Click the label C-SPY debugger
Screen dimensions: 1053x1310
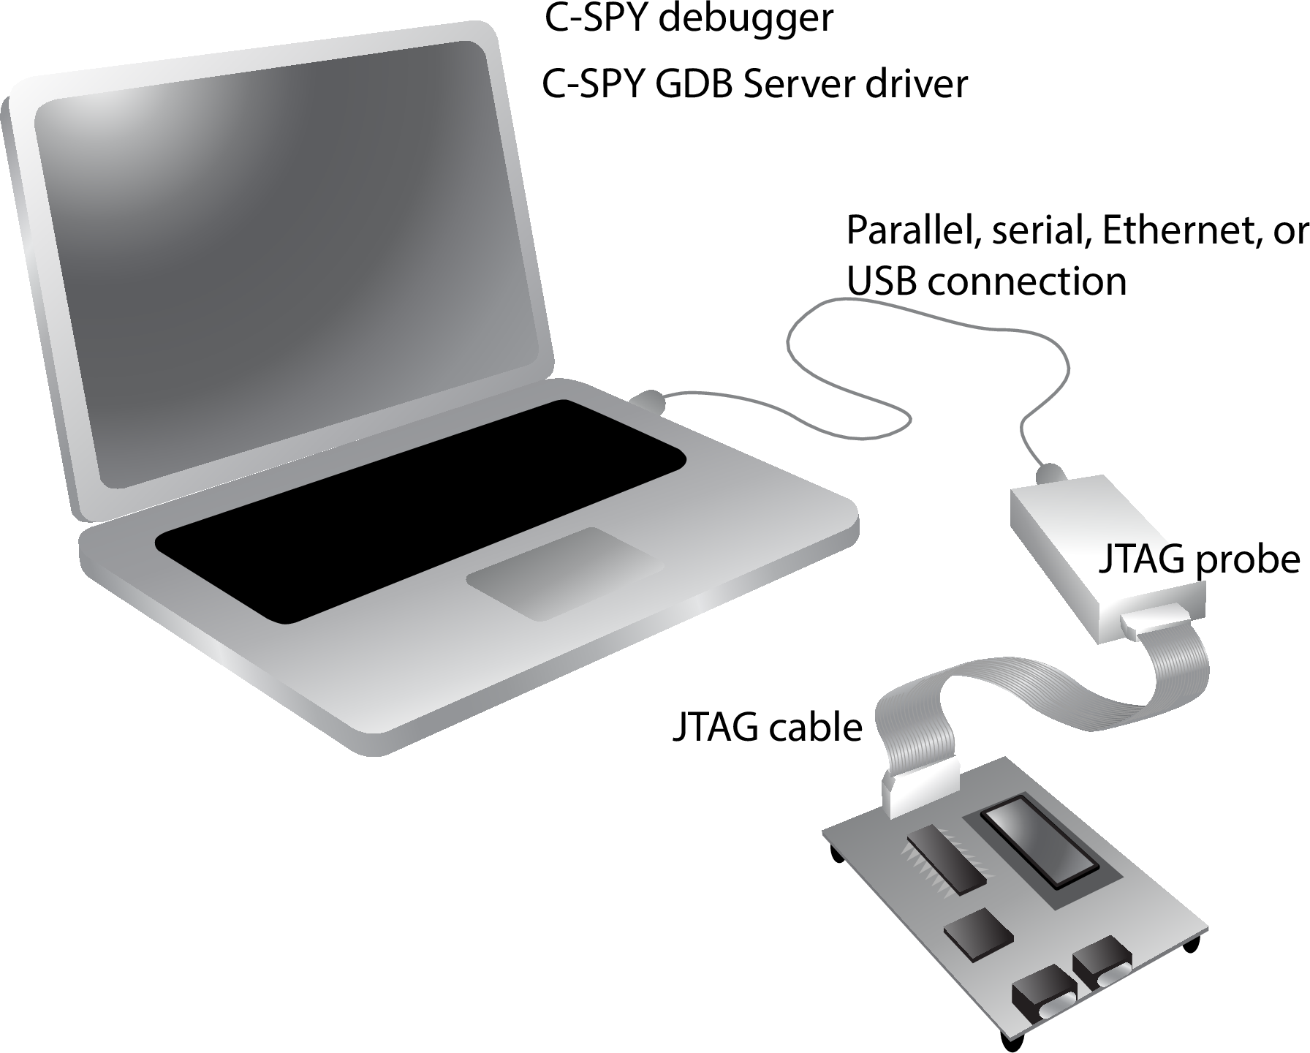689,19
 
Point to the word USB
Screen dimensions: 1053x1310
882,281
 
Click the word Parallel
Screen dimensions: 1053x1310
905,231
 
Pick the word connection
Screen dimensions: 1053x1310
1027,282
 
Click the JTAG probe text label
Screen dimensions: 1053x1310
1199,560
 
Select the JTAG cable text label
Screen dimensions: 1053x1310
767,728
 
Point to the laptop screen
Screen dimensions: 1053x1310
292,256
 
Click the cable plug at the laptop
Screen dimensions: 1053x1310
648,401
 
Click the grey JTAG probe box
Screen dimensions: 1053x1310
1097,541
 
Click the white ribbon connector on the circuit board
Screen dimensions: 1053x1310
920,790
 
